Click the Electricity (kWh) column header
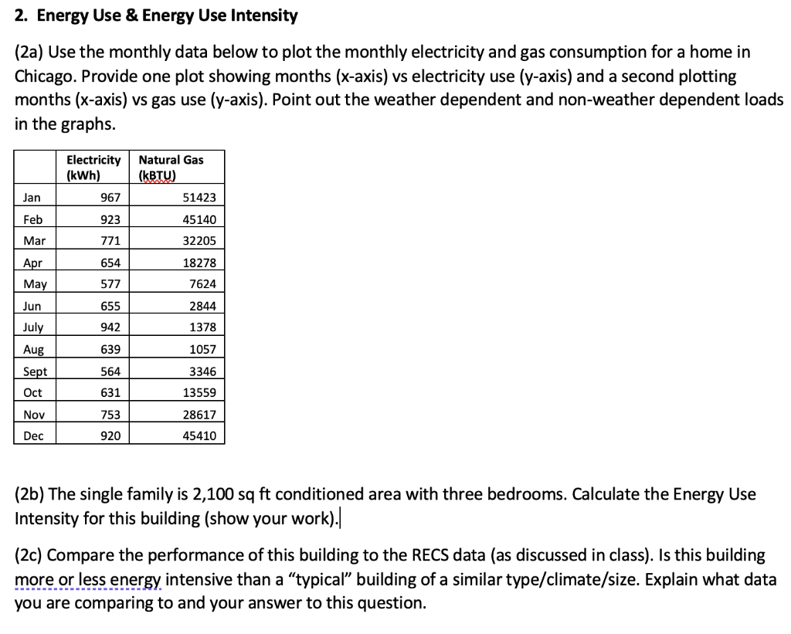click(93, 167)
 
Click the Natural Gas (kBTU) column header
click(171, 167)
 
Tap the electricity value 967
click(110, 198)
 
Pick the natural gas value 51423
click(199, 198)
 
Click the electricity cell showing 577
click(110, 284)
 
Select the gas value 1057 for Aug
click(203, 349)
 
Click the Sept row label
click(35, 371)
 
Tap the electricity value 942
click(110, 327)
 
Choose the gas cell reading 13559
click(199, 392)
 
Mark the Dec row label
click(33, 436)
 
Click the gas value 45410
click(199, 436)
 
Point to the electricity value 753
click(110, 414)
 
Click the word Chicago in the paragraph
click(44, 77)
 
